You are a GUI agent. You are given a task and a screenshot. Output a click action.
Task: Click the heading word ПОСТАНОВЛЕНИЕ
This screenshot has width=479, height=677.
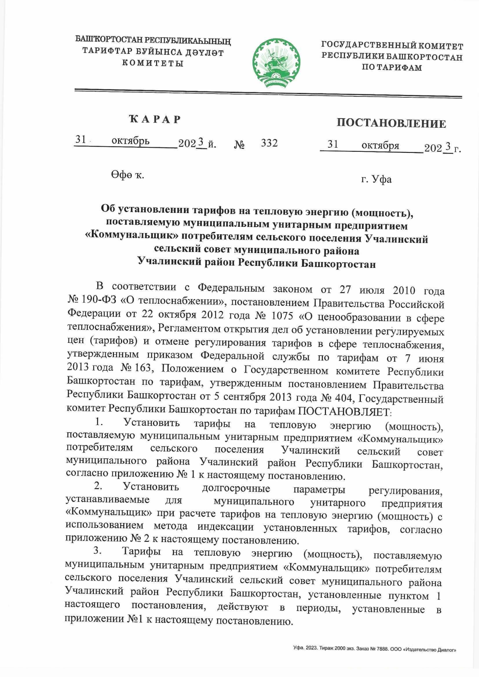(x=391, y=123)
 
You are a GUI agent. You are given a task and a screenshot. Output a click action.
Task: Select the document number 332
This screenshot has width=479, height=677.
(x=269, y=143)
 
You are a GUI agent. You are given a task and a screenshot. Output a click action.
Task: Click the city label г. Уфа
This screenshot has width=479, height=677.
(x=376, y=180)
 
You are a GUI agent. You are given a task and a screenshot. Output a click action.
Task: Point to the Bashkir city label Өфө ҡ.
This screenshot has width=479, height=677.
(x=127, y=174)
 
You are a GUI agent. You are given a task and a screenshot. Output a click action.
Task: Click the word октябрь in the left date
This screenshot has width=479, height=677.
(x=131, y=141)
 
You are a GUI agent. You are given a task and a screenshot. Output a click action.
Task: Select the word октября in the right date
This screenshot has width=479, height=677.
(x=380, y=146)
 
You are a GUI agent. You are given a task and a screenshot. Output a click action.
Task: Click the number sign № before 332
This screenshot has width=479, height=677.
(x=239, y=144)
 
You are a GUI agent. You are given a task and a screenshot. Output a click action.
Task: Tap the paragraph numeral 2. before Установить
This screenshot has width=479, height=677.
(x=98, y=486)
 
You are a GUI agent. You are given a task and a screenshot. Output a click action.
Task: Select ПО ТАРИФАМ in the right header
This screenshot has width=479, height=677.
(x=392, y=67)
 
